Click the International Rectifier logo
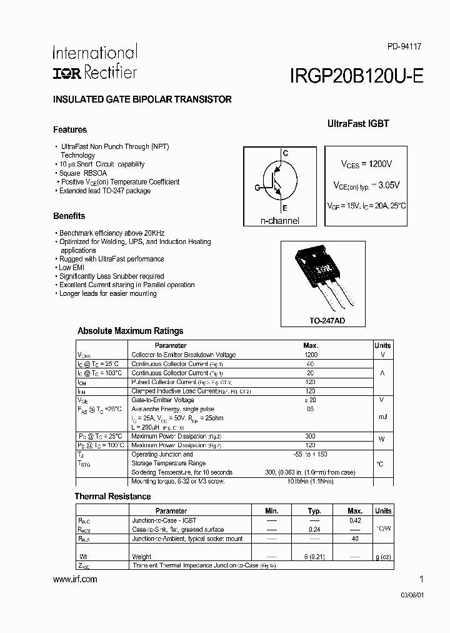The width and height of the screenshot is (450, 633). [x=94, y=63]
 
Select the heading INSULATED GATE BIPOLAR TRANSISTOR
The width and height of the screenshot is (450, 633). [x=142, y=99]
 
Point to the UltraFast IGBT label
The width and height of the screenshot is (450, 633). [x=358, y=124]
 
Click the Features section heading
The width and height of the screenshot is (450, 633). [x=70, y=130]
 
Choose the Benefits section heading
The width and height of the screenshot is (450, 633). [x=69, y=216]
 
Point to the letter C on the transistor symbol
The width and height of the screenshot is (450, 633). [x=286, y=153]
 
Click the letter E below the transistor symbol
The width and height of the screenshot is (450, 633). [x=285, y=208]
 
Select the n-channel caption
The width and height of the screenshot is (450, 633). [x=280, y=221]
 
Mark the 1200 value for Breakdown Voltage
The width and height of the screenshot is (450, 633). [x=311, y=355]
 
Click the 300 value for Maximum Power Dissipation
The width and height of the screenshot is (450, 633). [x=311, y=436]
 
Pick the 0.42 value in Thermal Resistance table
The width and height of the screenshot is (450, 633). [x=354, y=520]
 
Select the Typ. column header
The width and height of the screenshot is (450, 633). [x=314, y=511]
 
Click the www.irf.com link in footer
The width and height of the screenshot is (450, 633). [x=76, y=579]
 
